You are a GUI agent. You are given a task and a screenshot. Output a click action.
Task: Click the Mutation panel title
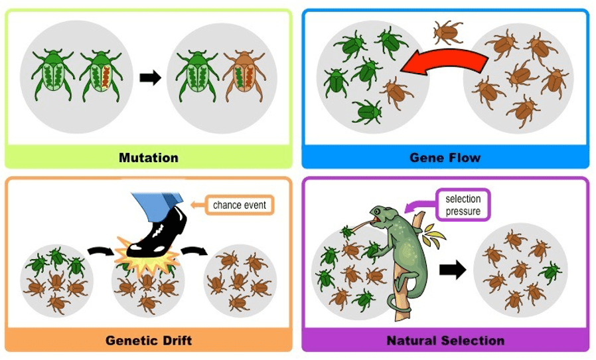click(x=149, y=157)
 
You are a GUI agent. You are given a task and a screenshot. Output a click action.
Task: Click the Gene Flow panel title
click(x=445, y=157)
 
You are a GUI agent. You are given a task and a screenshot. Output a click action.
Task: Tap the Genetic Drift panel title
click(x=148, y=341)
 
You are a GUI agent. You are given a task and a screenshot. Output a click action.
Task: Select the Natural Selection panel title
click(x=445, y=341)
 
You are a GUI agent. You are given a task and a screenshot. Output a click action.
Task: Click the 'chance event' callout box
click(x=239, y=205)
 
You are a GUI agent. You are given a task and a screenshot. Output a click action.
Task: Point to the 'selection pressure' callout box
click(x=463, y=205)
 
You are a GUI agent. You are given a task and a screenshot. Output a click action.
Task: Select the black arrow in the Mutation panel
click(x=151, y=77)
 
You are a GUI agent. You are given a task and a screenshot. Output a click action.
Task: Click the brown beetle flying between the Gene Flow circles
click(x=449, y=31)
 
